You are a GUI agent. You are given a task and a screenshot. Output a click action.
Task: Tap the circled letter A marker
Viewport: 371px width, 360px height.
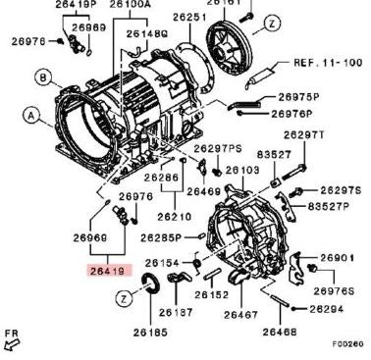pyautogui.click(x=32, y=116)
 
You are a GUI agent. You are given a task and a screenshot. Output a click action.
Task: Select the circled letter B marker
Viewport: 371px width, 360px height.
pyautogui.click(x=43, y=77)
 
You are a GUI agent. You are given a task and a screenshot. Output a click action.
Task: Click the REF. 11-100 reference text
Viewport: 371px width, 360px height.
pyautogui.click(x=329, y=61)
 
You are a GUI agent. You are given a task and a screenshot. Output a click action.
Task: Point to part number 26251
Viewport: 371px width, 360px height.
pyautogui.click(x=190, y=17)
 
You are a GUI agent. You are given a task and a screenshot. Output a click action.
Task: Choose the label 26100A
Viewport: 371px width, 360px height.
pyautogui.click(x=130, y=5)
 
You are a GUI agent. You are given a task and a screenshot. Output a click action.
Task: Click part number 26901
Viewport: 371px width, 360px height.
pyautogui.click(x=337, y=258)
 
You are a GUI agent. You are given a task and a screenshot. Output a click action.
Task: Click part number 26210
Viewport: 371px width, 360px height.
pyautogui.click(x=175, y=216)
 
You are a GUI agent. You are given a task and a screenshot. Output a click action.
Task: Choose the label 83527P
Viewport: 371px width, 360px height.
pyautogui.click(x=327, y=207)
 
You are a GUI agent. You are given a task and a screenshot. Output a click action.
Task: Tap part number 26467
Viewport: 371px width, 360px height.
pyautogui.click(x=240, y=316)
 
